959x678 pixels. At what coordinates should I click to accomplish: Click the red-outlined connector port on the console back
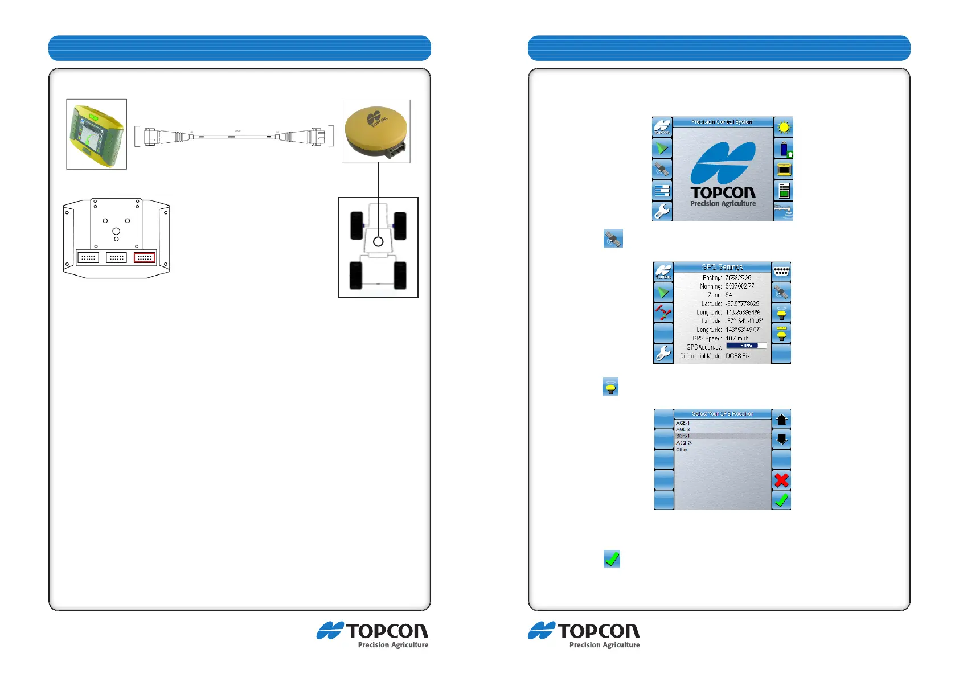pos(144,257)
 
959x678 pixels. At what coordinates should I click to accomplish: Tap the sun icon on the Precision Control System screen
pos(784,128)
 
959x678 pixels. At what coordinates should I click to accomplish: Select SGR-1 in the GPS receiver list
pos(683,436)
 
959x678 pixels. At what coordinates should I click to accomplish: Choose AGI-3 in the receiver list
pos(684,443)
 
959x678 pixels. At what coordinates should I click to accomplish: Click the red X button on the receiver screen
pos(781,480)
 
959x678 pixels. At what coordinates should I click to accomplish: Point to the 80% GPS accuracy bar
pos(746,346)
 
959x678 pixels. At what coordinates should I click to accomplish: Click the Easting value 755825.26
pos(738,278)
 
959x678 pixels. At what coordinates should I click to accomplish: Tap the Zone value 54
pos(729,295)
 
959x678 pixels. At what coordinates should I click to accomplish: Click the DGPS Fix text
pos(737,356)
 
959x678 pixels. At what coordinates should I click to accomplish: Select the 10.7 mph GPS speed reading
pos(737,338)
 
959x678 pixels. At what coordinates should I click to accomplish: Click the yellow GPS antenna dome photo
pos(375,132)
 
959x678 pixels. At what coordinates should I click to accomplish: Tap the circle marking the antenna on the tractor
pos(378,242)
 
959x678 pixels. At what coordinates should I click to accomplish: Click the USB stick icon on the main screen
pos(784,150)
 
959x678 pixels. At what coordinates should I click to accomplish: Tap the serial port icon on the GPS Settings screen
pos(781,271)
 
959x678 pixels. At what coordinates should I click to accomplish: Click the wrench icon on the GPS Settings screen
pos(663,354)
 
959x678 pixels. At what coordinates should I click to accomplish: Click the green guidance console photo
pos(96,134)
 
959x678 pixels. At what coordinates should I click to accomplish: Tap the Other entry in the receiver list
pos(682,450)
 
